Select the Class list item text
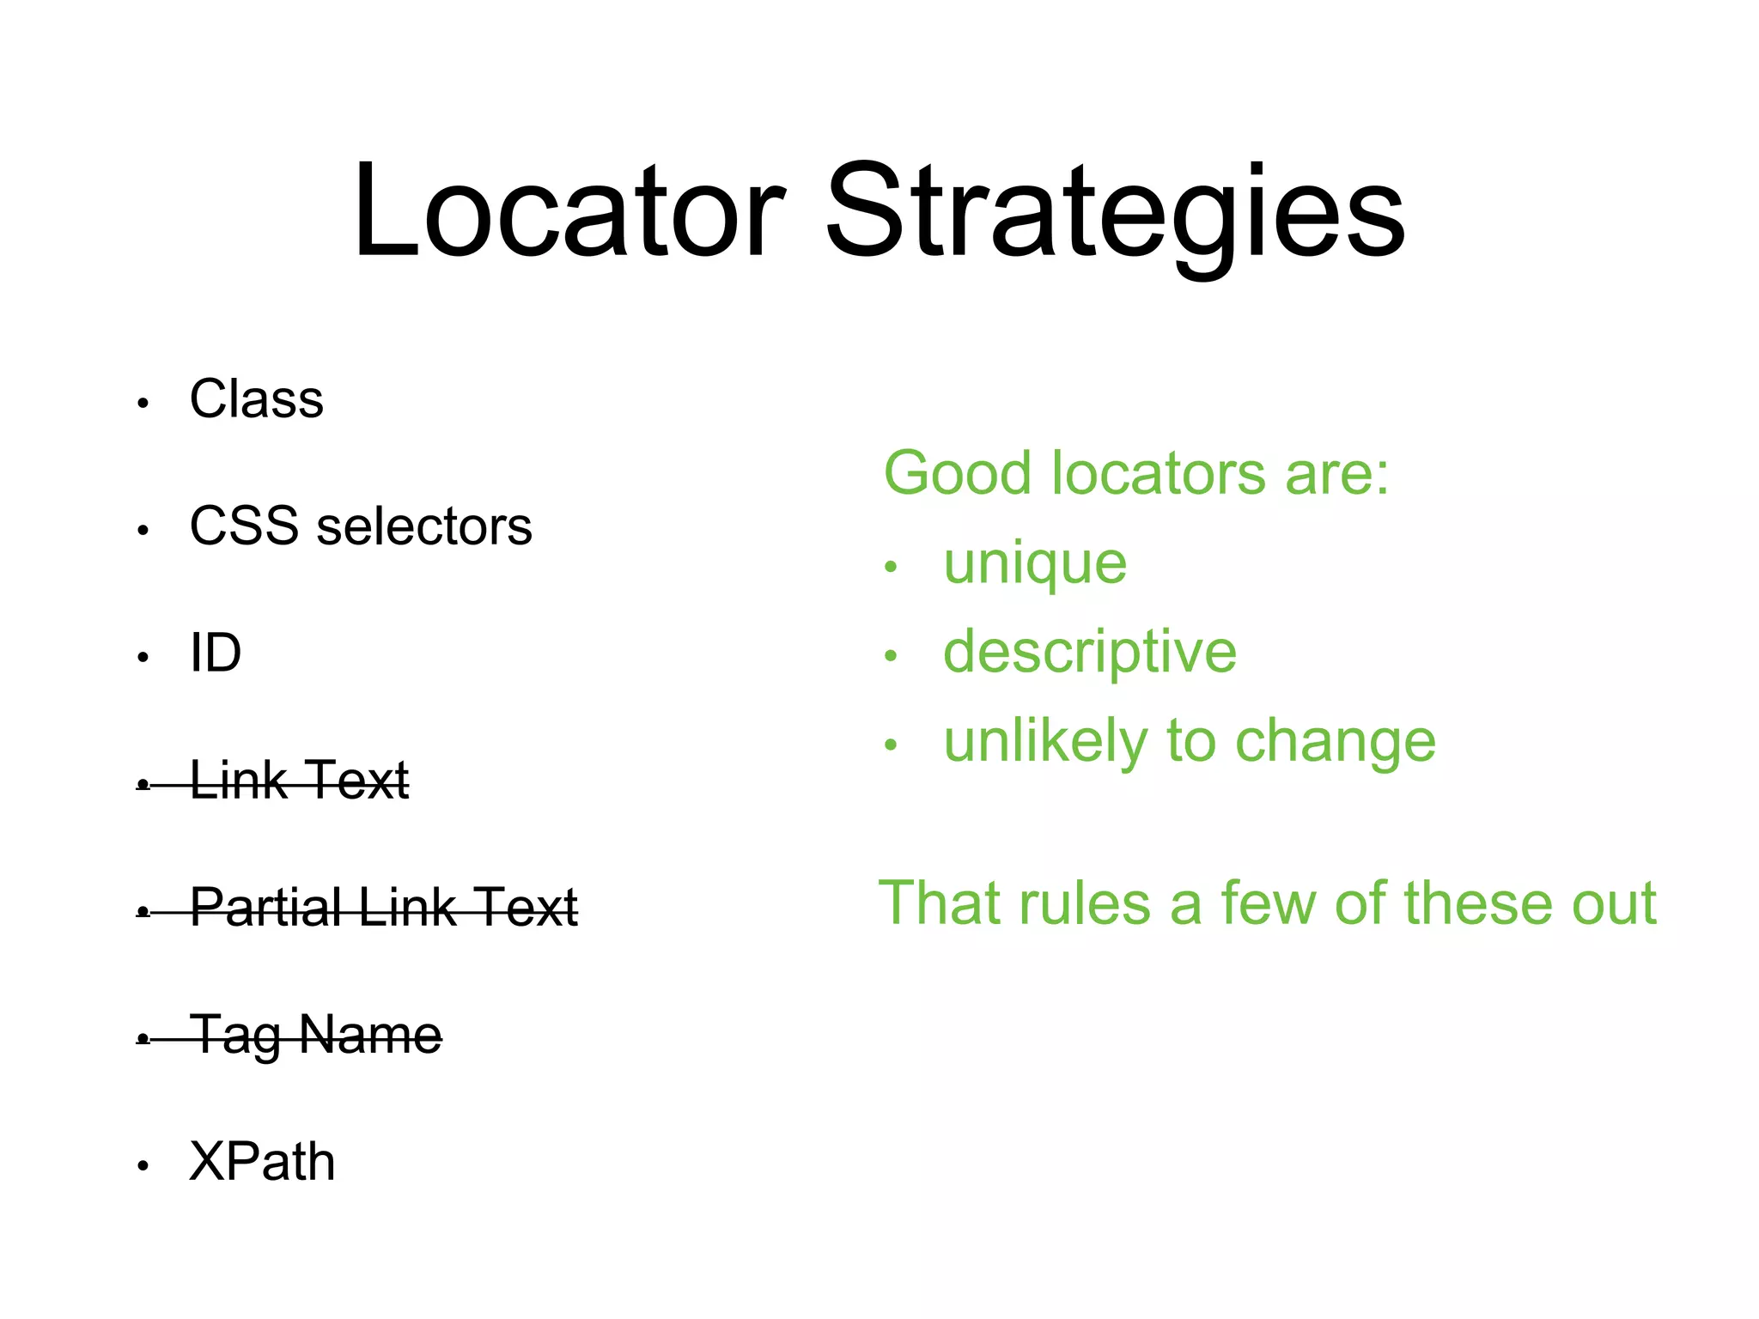pos(257,399)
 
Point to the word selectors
pos(424,526)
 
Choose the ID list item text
pos(216,653)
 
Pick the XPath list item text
pos(262,1161)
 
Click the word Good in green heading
pos(957,473)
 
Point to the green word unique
pos(1035,565)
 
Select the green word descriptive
pos(1090,653)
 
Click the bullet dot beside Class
pos(143,403)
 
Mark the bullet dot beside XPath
pos(143,1165)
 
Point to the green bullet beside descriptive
pos(891,656)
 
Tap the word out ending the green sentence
pos(1614,903)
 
